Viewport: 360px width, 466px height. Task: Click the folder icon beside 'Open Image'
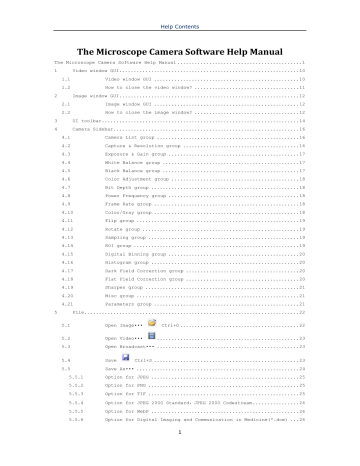(151, 325)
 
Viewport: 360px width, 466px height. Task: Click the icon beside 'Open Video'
(151, 340)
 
